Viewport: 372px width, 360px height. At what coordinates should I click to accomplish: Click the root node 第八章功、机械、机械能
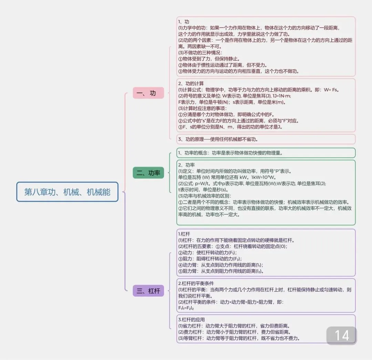(x=67, y=192)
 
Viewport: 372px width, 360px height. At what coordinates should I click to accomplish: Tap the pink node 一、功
(x=148, y=93)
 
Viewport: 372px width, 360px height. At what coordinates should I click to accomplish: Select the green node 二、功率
(x=148, y=173)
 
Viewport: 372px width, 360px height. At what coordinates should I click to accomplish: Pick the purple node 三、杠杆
(x=148, y=291)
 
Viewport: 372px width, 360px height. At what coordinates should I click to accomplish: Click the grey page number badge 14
(x=341, y=336)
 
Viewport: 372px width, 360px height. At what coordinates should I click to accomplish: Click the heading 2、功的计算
(x=191, y=83)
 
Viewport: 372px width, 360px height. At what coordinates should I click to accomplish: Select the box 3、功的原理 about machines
(x=218, y=139)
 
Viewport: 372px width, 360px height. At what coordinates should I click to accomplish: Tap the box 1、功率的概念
(x=230, y=153)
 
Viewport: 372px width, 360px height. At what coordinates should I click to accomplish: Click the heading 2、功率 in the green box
(x=186, y=165)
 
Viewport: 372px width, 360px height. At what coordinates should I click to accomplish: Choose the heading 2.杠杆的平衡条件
(x=196, y=283)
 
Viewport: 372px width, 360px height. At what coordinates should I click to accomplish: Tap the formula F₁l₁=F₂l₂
(x=186, y=308)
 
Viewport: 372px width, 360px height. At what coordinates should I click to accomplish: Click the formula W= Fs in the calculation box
(x=331, y=90)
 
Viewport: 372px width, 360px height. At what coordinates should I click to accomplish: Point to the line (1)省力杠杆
(x=234, y=326)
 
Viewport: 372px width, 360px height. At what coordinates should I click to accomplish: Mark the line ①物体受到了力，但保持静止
(x=209, y=59)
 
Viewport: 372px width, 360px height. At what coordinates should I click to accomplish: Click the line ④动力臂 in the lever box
(x=220, y=265)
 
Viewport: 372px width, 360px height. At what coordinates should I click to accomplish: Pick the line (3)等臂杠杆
(x=239, y=338)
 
